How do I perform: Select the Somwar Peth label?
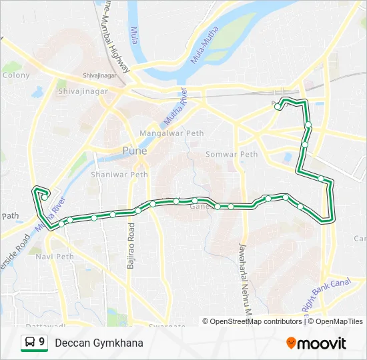[231, 154]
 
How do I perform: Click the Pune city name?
[134, 151]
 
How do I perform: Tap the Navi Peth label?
[55, 256]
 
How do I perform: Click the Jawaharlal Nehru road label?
[243, 280]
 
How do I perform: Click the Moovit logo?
[316, 343]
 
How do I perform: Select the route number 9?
[42, 342]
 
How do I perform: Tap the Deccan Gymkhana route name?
[99, 343]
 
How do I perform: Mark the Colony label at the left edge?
[16, 75]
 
